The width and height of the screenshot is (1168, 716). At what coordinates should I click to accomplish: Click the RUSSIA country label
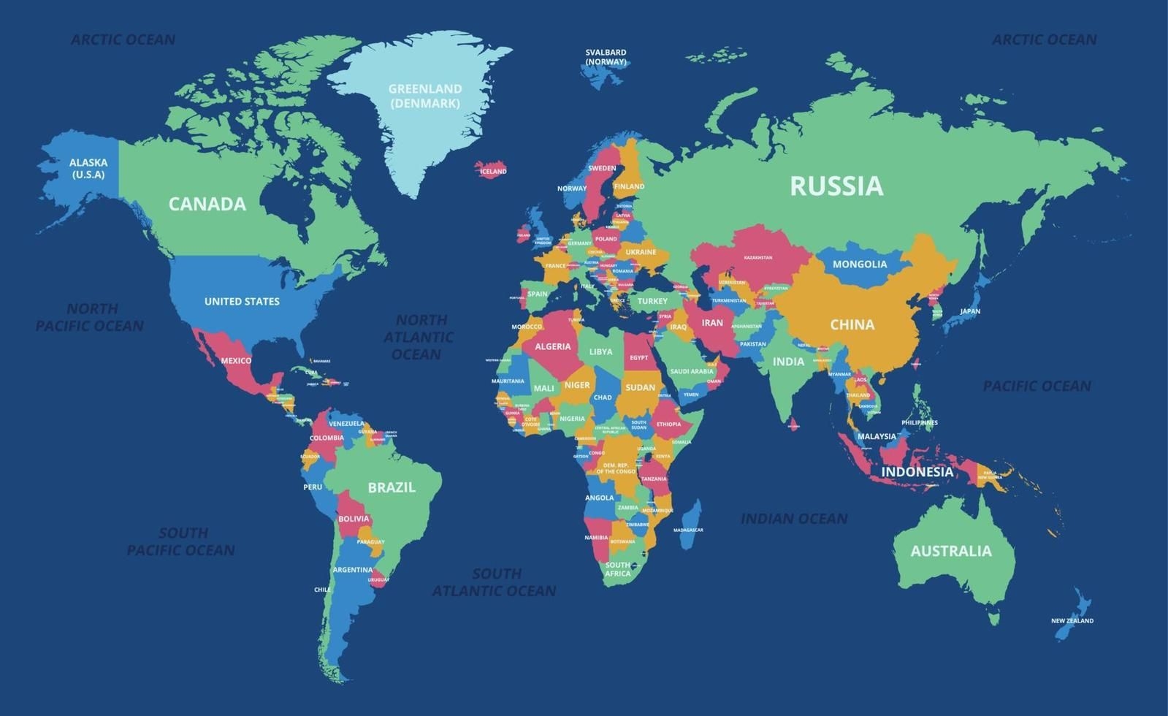(836, 186)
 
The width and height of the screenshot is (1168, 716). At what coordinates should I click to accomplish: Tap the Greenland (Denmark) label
(424, 96)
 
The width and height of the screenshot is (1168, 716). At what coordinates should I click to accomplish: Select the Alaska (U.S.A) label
(88, 168)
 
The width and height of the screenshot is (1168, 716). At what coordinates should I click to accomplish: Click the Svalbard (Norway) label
(606, 57)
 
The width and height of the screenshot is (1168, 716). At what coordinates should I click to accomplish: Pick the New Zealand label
(1072, 621)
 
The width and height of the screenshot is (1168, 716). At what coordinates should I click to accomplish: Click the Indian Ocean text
(794, 519)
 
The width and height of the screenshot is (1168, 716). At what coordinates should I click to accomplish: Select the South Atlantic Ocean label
(495, 582)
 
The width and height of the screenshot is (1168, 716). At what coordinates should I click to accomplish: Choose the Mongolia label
(860, 264)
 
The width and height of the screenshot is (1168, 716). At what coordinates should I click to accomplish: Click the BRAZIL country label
(392, 487)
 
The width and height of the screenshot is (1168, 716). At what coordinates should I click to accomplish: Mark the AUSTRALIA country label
(950, 552)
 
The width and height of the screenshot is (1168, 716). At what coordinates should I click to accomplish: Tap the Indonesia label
(917, 472)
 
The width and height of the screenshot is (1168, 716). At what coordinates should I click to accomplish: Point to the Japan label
(969, 311)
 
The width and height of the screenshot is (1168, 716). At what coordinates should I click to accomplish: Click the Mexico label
(236, 361)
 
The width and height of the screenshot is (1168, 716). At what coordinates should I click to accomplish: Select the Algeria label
(552, 347)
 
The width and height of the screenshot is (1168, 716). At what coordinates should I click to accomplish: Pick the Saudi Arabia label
(691, 371)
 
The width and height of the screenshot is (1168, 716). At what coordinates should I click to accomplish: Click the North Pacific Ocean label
(90, 317)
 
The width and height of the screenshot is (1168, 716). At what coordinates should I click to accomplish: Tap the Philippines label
(919, 423)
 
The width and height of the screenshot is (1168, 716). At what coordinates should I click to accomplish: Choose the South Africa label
(617, 569)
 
